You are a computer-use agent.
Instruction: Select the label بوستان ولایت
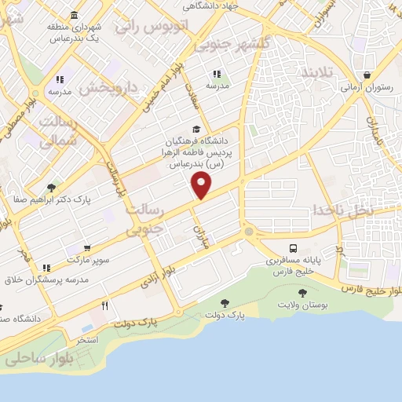(x=303, y=303)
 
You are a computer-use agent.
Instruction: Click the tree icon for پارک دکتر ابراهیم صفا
(x=51, y=188)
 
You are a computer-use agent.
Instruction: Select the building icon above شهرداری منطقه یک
(x=74, y=15)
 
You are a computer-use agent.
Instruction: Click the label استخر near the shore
(x=86, y=339)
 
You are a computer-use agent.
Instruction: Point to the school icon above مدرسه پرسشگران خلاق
(x=46, y=268)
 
